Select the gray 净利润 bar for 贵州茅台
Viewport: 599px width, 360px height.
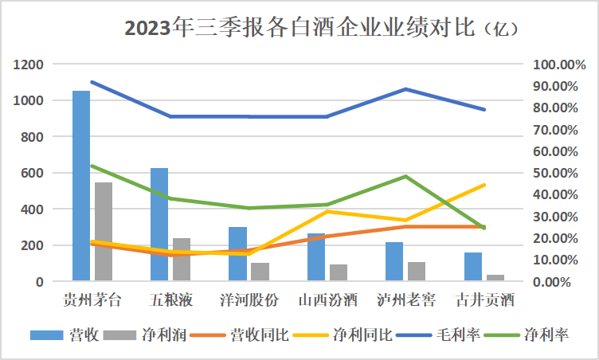[x=104, y=231]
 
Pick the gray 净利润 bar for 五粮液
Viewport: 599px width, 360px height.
[x=182, y=259]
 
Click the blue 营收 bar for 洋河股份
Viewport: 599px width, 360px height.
[x=237, y=253]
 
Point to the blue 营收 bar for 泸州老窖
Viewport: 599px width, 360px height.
[x=393, y=261]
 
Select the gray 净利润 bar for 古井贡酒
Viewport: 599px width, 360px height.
[x=495, y=277]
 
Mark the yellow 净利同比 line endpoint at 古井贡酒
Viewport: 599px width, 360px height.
[x=484, y=185]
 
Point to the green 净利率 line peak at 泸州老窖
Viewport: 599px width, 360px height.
[x=405, y=176]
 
